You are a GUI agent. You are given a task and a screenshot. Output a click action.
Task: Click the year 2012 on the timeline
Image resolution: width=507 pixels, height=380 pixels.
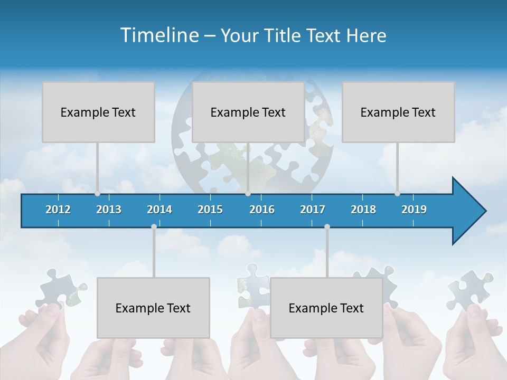[58, 210]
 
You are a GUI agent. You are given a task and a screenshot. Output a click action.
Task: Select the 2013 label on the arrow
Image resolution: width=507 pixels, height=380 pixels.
[109, 210]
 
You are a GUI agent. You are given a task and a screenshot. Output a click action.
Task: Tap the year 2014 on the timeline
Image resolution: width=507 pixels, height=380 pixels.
[159, 210]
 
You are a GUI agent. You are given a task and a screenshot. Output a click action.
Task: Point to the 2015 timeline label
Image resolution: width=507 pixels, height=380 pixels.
[210, 210]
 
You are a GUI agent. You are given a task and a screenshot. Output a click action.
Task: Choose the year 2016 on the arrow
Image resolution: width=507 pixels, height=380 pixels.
[262, 210]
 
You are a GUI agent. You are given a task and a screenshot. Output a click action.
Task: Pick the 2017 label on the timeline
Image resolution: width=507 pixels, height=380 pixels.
[313, 210]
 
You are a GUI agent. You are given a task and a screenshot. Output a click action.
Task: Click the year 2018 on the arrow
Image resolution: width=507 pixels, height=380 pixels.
[363, 210]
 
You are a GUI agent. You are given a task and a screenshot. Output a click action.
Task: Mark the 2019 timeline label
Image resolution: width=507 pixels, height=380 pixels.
[414, 210]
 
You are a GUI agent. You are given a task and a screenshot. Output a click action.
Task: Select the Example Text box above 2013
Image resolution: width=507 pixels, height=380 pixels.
[98, 112]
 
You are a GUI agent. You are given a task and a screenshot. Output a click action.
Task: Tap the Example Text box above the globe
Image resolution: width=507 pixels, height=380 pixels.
[248, 112]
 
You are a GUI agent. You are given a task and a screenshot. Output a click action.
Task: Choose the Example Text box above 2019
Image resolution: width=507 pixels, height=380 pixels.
[398, 112]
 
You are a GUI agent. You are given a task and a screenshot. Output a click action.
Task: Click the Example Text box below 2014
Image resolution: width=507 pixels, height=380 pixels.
[153, 308]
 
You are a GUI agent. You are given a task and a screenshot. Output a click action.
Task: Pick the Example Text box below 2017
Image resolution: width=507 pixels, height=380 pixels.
[326, 308]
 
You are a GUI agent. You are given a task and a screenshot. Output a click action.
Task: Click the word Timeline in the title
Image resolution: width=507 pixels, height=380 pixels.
[158, 35]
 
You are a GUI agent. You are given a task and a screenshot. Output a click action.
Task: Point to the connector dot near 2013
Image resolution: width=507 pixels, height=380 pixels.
[98, 194]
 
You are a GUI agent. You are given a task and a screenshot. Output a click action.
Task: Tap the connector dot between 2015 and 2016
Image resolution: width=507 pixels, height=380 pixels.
[248, 194]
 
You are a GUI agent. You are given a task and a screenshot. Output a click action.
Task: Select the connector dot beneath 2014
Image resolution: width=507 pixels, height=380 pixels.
[154, 227]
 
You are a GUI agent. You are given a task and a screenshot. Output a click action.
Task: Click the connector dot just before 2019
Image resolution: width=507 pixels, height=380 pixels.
[398, 194]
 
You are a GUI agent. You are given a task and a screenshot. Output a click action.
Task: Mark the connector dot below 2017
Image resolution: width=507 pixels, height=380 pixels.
[327, 227]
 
